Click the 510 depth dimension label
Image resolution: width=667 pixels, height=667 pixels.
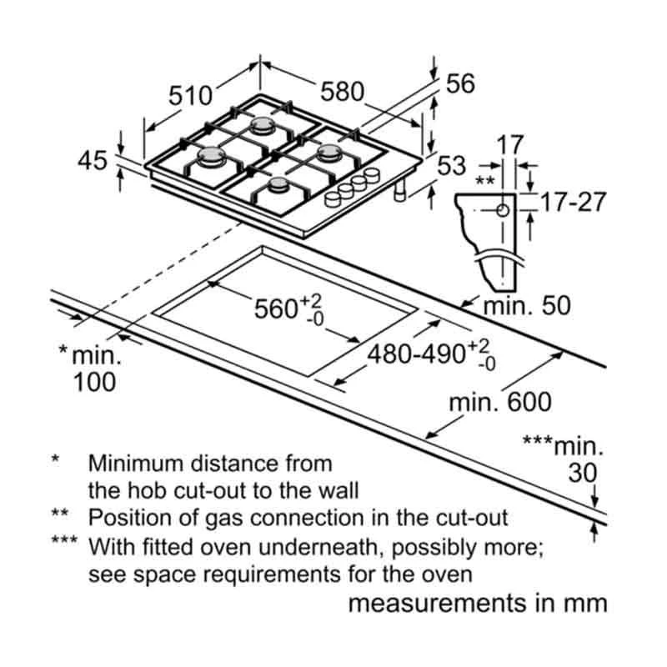[191, 95]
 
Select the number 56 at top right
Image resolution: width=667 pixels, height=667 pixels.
[460, 83]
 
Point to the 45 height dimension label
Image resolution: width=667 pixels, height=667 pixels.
[93, 160]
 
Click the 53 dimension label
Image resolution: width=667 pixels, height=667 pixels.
[451, 166]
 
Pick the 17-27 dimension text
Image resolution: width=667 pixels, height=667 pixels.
[572, 203]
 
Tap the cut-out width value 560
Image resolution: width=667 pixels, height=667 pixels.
[277, 309]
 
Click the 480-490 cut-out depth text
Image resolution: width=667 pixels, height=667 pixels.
[418, 354]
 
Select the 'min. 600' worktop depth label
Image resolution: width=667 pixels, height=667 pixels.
[500, 403]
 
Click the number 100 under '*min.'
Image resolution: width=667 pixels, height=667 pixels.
[92, 382]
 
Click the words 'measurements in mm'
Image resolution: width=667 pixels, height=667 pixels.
[477, 604]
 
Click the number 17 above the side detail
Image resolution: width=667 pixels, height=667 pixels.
[510, 144]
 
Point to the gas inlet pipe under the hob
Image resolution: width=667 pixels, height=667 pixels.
[400, 193]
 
